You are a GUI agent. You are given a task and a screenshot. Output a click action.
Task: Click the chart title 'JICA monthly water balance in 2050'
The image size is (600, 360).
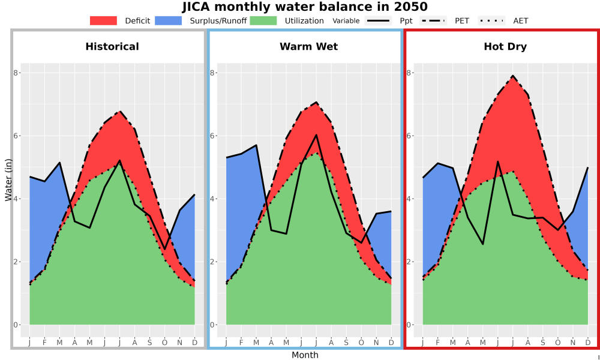coord(305,7)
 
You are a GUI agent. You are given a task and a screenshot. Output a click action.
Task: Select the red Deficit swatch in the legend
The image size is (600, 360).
coord(103,20)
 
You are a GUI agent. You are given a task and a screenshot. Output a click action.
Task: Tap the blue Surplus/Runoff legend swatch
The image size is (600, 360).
coord(169,20)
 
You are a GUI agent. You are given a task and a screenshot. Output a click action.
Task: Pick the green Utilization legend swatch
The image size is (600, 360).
coord(263,20)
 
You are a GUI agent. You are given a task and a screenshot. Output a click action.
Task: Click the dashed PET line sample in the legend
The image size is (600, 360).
coord(433,20)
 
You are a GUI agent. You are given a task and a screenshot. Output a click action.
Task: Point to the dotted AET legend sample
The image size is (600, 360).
coord(491,20)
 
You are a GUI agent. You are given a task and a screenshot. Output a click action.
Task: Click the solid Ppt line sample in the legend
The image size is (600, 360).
coord(378,20)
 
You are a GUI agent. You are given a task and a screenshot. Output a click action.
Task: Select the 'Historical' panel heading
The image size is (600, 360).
coord(112,47)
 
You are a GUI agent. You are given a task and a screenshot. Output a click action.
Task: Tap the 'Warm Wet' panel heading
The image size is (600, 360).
coord(309,47)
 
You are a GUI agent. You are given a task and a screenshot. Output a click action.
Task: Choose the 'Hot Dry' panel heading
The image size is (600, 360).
coord(505,47)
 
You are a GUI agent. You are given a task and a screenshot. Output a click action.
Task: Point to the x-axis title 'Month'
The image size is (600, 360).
coord(305,355)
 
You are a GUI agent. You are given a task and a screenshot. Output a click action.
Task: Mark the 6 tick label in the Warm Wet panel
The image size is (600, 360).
coord(212,136)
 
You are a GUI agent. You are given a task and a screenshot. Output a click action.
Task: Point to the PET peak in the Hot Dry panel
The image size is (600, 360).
coord(513,76)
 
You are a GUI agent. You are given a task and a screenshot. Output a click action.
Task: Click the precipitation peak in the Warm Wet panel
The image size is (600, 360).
coord(316,134)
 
